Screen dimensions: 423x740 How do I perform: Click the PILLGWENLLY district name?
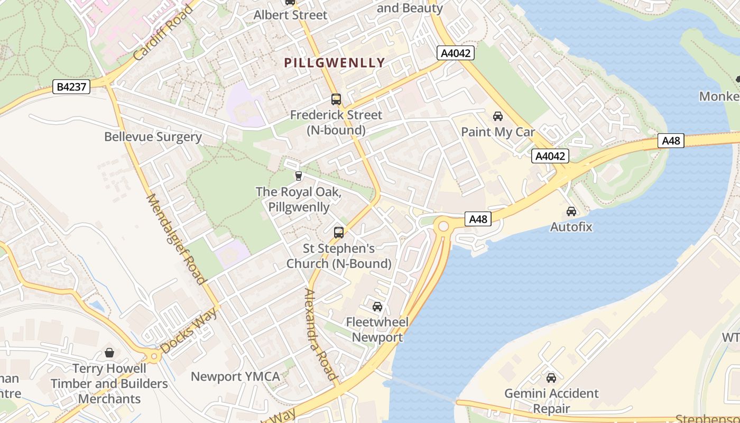(335, 63)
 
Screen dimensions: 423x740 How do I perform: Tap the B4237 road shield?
(71, 87)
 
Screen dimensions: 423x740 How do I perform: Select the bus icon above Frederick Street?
(336, 99)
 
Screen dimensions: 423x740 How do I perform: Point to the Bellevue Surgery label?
(153, 137)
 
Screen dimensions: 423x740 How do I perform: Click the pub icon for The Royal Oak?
(299, 176)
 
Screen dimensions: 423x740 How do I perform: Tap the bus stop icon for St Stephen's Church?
(339, 232)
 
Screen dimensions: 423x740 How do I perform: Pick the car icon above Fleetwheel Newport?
(377, 306)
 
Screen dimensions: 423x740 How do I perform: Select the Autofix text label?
(571, 227)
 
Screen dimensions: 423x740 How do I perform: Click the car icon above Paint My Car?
(498, 116)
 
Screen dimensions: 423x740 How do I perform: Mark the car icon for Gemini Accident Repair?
(551, 378)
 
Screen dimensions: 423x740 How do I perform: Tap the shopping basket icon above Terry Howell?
(109, 352)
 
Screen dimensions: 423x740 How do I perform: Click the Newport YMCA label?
(235, 376)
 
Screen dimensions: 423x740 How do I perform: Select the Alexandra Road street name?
(321, 334)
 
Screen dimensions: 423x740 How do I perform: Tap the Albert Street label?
(290, 15)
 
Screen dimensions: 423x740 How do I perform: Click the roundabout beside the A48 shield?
(443, 226)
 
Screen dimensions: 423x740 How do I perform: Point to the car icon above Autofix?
(571, 212)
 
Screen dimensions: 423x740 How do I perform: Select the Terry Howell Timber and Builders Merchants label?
(109, 383)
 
